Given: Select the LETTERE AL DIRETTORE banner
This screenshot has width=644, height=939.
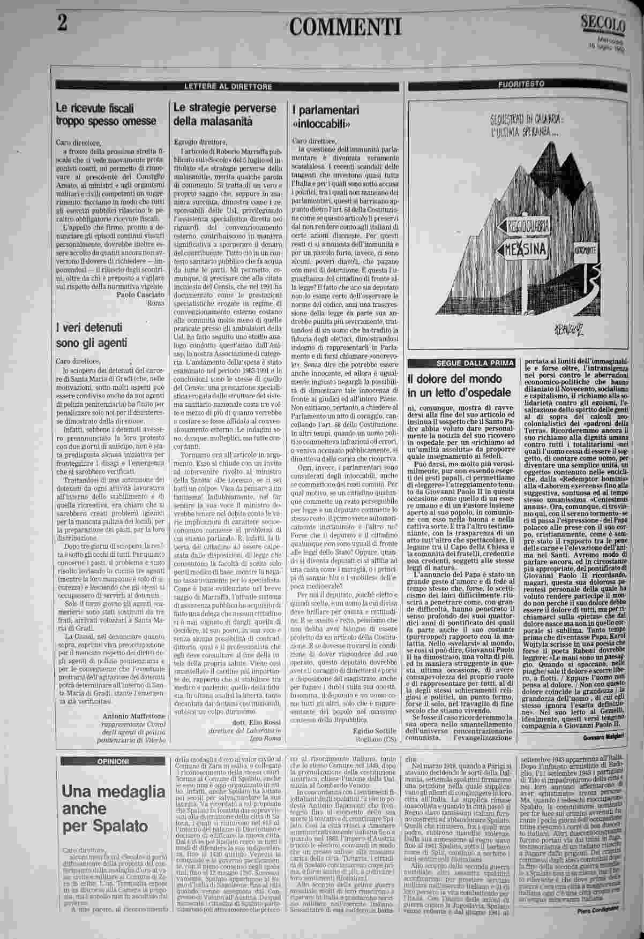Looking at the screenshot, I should tap(228, 86).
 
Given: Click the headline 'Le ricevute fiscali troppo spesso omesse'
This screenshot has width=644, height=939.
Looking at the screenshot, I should tap(106, 115).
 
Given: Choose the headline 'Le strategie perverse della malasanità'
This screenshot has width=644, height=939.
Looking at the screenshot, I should tap(224, 114).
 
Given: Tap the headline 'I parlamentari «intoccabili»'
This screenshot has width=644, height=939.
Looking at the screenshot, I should tap(326, 117).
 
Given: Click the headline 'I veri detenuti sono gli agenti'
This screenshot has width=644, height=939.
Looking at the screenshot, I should tap(91, 335).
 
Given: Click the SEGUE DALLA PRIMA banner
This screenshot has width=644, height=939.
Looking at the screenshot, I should tap(461, 363).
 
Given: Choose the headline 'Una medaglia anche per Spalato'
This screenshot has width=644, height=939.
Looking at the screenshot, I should tap(114, 808).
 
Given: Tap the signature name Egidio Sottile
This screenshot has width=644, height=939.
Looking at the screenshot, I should tap(375, 731).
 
